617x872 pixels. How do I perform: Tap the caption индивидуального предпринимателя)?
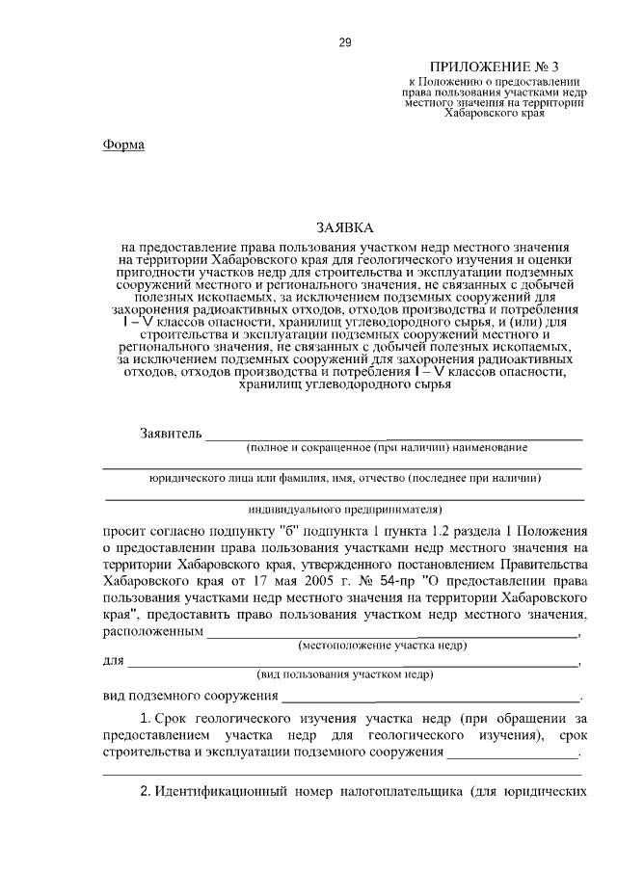coord(344,508)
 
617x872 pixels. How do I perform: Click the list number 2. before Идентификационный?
coord(147,792)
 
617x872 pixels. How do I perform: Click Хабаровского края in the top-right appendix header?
coord(495,112)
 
